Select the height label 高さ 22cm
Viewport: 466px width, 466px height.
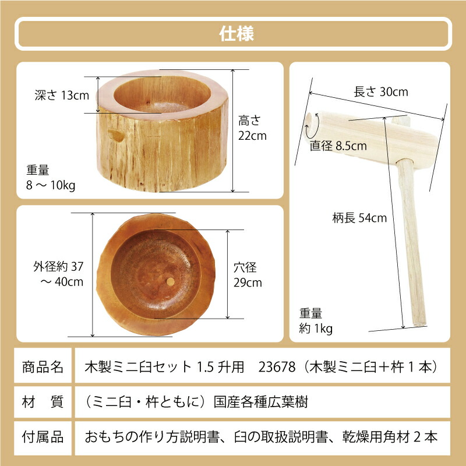252,128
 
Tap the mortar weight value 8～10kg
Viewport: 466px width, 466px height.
51,185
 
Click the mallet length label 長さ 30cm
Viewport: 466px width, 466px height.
381,92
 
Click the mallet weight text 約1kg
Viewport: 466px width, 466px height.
317,329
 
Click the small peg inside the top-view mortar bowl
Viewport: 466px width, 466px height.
170,282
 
